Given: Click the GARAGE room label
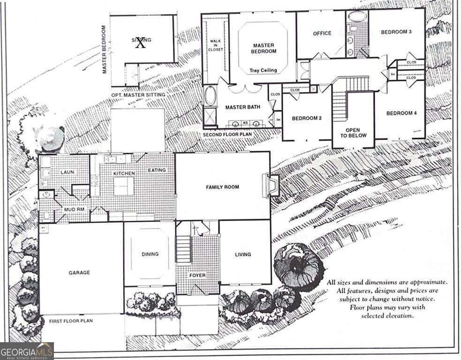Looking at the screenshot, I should [x=79, y=272].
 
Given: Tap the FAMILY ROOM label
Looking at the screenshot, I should [x=222, y=187].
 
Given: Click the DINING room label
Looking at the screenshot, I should [x=150, y=254].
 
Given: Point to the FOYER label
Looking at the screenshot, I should [x=197, y=275].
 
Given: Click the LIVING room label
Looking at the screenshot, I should [x=243, y=255].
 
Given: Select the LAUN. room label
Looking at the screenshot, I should [x=67, y=172].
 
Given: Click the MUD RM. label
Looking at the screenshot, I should [x=74, y=209].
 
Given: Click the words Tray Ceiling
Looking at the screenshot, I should [x=263, y=71].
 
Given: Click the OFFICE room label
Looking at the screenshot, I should [x=322, y=33].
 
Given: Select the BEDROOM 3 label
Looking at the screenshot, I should [x=396, y=32].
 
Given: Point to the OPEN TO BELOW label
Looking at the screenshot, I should [x=352, y=133].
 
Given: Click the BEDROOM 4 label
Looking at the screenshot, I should [x=401, y=113].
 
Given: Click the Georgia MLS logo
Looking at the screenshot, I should [x=27, y=351].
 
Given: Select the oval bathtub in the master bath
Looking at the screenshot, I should [x=209, y=96].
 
